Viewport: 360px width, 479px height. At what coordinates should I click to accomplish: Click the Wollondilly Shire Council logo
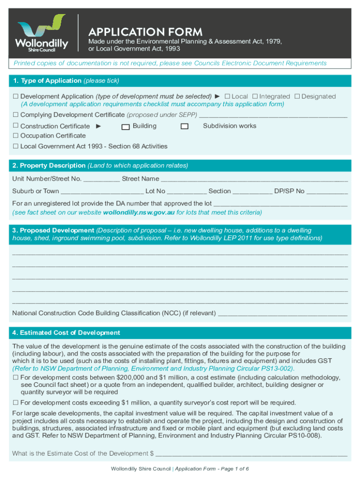click(42, 33)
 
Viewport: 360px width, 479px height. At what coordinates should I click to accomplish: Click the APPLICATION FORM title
click(145, 32)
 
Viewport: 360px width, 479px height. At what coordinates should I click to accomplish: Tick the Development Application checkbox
click(15, 96)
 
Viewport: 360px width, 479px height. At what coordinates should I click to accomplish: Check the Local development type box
click(227, 96)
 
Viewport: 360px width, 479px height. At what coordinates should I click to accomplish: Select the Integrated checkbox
click(255, 96)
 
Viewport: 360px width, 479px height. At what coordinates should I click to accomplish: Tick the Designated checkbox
click(297, 96)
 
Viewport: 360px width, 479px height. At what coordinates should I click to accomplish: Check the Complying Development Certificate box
click(15, 115)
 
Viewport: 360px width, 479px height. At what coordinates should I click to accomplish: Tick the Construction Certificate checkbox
click(15, 126)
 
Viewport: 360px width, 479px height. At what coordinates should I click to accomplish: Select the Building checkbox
click(125, 126)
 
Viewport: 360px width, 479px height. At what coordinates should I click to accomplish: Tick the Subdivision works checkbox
click(185, 126)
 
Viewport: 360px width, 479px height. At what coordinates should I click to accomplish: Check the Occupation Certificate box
click(15, 136)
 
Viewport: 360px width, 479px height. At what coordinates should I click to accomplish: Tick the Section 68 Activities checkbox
click(15, 146)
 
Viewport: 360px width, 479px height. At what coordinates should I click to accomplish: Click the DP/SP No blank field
click(327, 192)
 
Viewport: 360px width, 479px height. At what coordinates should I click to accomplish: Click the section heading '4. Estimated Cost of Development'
click(66, 333)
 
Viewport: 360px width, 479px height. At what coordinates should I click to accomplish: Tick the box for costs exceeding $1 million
click(15, 403)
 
